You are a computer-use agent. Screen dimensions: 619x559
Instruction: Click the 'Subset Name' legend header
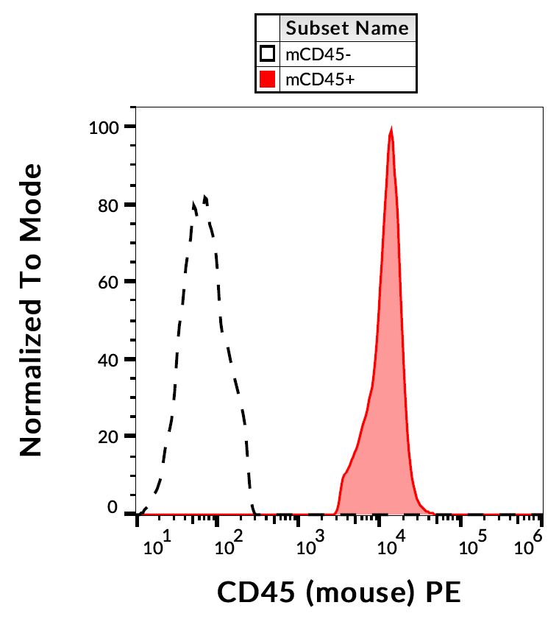tap(347, 29)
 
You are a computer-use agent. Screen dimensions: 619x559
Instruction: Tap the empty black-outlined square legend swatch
tap(268, 54)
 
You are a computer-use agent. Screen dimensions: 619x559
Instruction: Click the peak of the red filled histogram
tap(391, 131)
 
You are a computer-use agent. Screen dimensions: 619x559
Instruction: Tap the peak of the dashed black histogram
tap(205, 197)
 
